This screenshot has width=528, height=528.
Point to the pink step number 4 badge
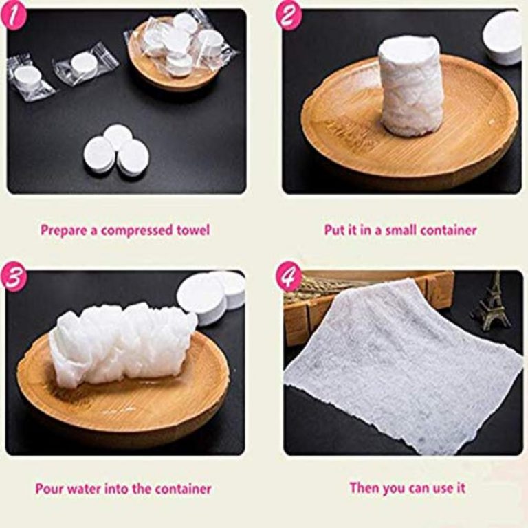pos(289,276)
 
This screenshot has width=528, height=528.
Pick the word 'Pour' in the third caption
pos(49,489)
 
